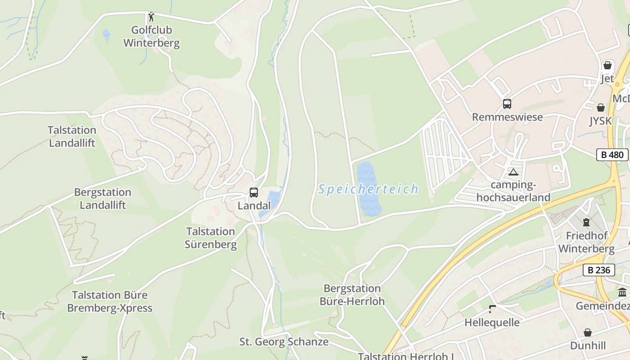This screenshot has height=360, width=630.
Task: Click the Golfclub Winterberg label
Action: point(151,37)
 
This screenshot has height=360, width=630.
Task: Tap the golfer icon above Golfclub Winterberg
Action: point(151,17)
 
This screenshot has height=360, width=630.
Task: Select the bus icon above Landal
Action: point(254,193)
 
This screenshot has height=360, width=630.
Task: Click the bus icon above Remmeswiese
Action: point(507,104)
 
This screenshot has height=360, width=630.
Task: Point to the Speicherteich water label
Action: point(368,189)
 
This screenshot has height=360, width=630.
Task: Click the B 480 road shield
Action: point(612,155)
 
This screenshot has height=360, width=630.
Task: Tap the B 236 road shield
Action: point(599,270)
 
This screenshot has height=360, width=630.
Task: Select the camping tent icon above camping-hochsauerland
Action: point(513,172)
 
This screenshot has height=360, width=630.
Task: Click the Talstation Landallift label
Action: point(72,137)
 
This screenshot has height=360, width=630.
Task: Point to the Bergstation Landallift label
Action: point(103,198)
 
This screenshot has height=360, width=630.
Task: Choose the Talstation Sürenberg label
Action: point(211,238)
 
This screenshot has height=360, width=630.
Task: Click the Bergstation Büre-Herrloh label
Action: point(352,295)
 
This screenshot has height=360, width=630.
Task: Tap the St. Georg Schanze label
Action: point(283,342)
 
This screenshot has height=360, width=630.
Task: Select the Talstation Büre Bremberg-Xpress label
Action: point(109,301)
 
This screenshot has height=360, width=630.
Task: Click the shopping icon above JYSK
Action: point(601,108)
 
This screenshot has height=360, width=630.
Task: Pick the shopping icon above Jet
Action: point(607,65)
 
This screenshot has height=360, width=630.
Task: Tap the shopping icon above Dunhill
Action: point(588,333)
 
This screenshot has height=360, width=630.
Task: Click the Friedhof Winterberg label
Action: point(586,242)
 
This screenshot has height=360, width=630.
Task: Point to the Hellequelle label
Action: point(492,323)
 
